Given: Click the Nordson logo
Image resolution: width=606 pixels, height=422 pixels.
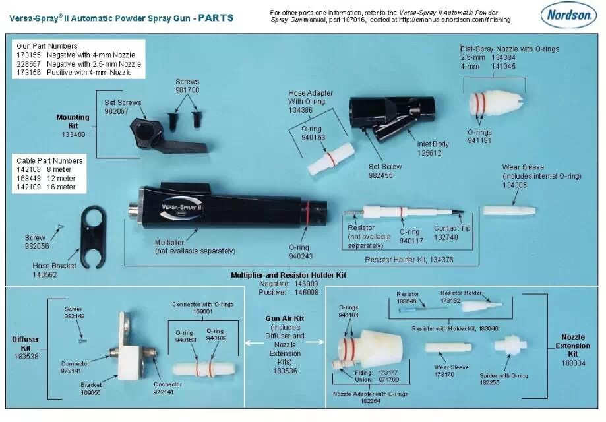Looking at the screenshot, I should [x=568, y=16].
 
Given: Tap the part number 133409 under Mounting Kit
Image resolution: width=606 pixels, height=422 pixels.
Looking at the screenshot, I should [x=73, y=135].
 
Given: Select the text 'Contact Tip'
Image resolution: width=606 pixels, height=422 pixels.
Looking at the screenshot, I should [x=451, y=228].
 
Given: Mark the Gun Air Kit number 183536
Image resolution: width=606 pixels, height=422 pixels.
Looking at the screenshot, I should [x=286, y=371].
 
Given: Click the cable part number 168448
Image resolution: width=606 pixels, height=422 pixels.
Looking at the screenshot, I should [x=30, y=178].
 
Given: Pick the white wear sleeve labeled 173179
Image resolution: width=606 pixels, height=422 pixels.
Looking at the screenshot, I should [x=446, y=347].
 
